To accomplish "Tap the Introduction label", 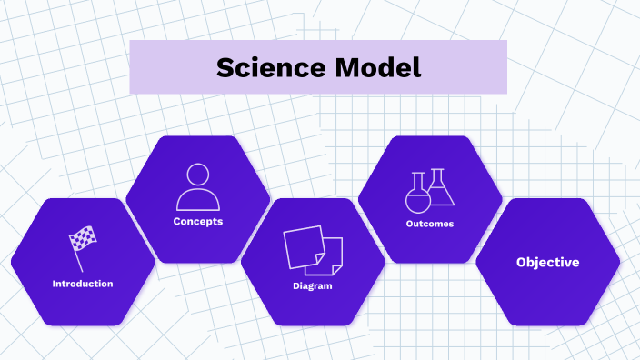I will (83, 284).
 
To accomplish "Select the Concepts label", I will (198, 221).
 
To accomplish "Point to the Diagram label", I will (313, 285).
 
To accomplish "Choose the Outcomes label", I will (430, 224).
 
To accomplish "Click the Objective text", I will (547, 262).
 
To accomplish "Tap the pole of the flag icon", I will (76, 255).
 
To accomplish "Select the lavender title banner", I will (318, 67).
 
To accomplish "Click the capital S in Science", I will (225, 67).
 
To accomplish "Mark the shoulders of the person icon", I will (198, 199).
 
